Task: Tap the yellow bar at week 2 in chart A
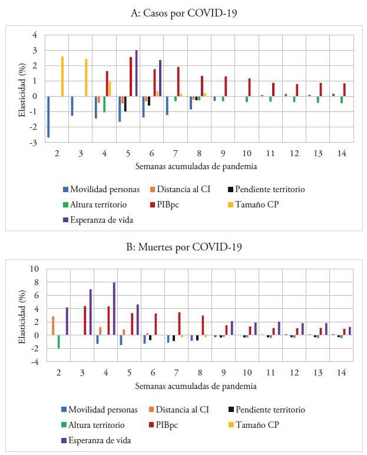click(62, 76)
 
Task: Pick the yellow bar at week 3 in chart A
click(86, 77)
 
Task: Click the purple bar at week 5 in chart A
click(137, 73)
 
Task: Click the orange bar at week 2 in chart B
click(53, 326)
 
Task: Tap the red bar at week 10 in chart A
click(250, 87)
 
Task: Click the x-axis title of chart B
click(196, 386)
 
